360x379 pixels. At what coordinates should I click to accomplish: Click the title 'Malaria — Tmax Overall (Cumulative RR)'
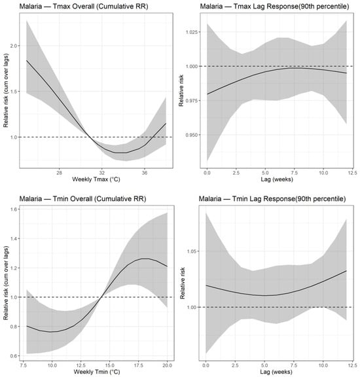84,6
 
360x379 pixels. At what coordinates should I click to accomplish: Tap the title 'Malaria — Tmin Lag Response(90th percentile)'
272,199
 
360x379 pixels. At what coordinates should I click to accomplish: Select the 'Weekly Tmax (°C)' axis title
96,179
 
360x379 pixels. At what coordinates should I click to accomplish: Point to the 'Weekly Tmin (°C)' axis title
97,372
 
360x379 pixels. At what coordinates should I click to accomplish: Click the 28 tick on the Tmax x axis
59,173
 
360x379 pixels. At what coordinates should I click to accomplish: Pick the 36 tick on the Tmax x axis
145,173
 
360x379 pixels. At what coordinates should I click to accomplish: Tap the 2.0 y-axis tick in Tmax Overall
14,46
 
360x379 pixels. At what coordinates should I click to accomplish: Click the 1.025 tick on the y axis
192,32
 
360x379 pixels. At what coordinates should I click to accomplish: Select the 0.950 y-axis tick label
192,135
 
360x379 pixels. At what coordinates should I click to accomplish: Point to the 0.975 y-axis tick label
192,101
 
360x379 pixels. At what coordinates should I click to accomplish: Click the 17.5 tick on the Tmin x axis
139,365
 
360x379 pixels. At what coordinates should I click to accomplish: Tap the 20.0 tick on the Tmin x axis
168,365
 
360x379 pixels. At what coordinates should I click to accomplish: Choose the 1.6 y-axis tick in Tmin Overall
14,209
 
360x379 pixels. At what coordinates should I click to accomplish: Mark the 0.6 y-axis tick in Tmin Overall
14,356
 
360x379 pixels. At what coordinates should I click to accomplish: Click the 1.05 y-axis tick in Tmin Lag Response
192,251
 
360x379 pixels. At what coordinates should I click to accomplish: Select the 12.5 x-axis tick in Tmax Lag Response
353,173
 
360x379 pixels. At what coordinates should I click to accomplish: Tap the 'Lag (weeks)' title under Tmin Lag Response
276,372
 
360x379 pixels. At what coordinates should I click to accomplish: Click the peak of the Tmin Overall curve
145,259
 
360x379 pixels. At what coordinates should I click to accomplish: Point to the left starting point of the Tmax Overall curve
26,60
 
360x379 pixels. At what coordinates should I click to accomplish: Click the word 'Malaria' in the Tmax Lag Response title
211,6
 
